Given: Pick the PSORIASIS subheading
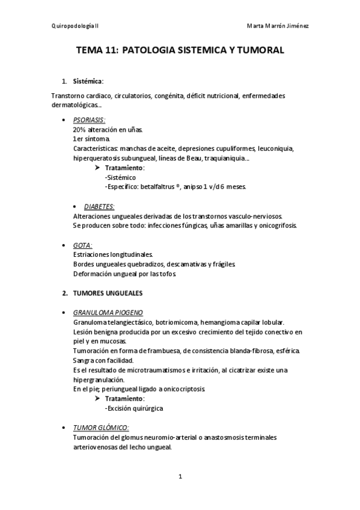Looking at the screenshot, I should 89,120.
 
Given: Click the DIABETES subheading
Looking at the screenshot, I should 99,206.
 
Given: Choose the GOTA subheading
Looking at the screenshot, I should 82,245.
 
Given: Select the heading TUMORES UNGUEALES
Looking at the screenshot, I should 108,293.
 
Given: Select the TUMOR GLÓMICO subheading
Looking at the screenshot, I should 100,428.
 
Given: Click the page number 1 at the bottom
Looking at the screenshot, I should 180,477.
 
